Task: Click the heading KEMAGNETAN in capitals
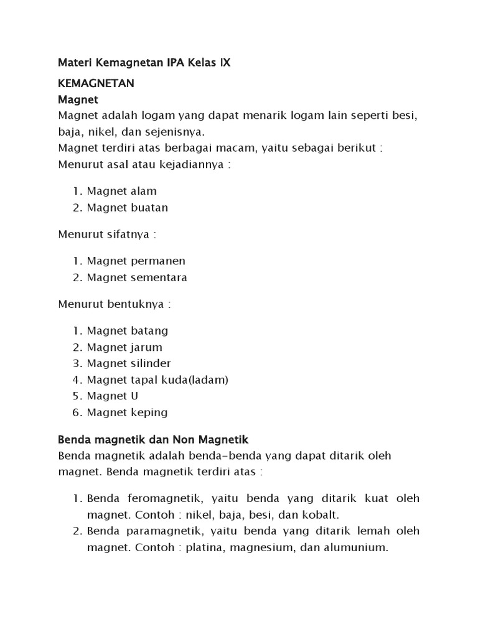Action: tap(96, 83)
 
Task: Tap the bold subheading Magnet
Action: tap(78, 99)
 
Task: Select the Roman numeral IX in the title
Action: tap(230, 63)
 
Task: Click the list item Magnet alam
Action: tap(121, 191)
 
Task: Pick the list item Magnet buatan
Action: tap(127, 207)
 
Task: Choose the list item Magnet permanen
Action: tap(136, 261)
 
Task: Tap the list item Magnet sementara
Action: tap(136, 277)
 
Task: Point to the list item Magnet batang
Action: tap(127, 330)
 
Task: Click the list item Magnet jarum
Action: tap(124, 347)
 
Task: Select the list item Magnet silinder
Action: tap(128, 363)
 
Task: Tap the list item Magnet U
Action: tap(112, 396)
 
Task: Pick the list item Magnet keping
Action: tap(127, 412)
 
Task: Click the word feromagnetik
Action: tap(163, 498)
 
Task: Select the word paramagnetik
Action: tap(165, 531)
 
